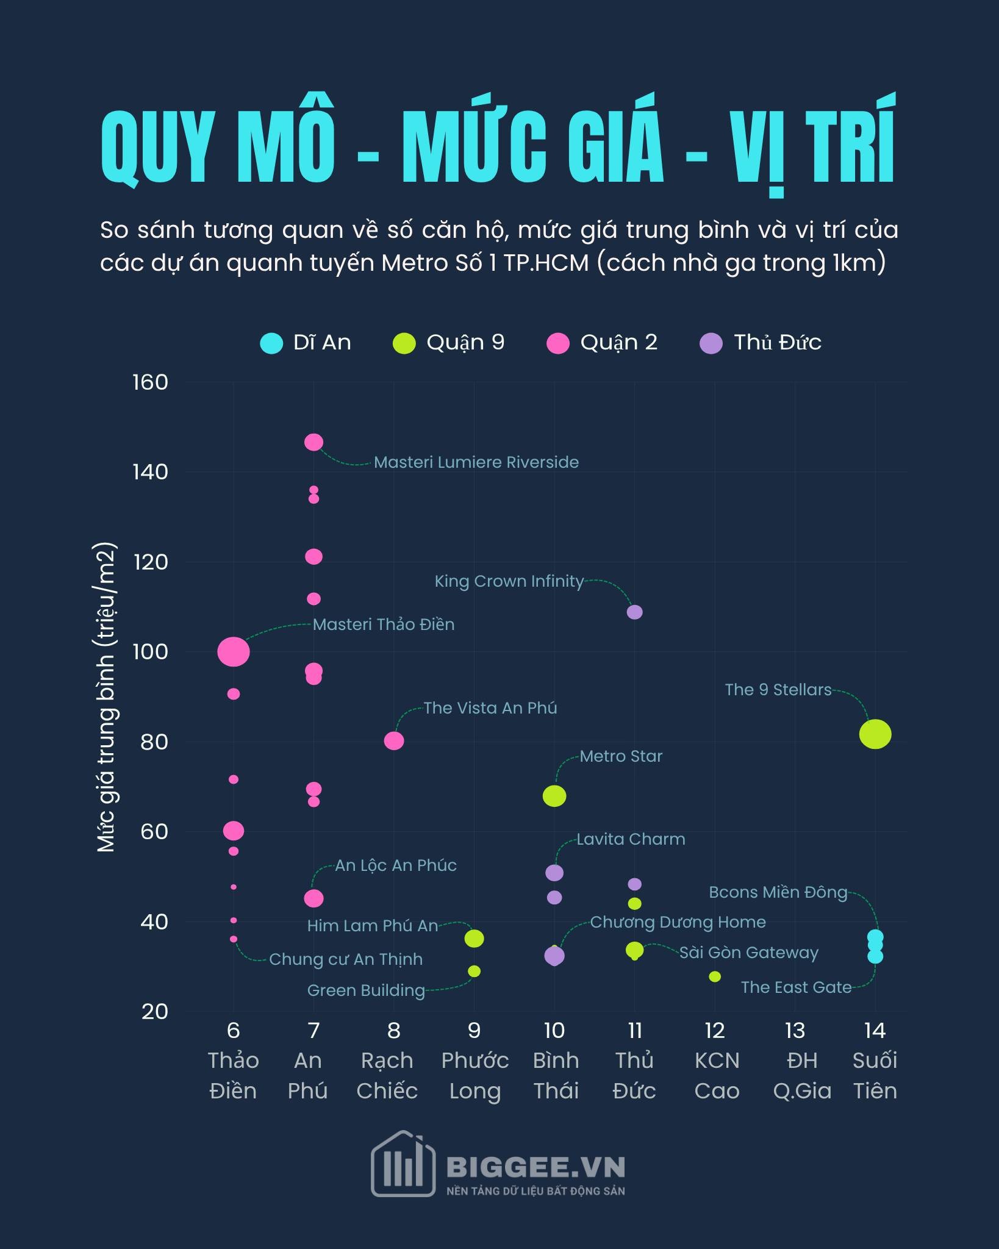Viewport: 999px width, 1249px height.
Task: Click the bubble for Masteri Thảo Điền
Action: point(234,652)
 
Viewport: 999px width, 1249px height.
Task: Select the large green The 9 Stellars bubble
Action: point(875,734)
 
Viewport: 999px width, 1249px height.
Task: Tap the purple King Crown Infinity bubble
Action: point(634,612)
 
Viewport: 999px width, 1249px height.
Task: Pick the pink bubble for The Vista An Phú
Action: point(394,740)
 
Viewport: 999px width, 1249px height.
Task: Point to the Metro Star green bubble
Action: point(554,796)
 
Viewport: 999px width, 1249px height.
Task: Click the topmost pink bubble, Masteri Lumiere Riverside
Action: point(313,442)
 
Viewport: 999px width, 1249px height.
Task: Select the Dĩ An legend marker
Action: point(271,343)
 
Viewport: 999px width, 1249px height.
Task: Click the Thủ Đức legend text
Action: point(777,343)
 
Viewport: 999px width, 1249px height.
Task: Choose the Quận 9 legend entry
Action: point(465,343)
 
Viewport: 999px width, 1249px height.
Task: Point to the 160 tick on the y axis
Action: point(150,382)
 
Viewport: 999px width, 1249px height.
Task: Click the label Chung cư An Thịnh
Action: point(346,959)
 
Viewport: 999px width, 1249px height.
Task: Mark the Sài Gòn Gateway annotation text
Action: point(748,953)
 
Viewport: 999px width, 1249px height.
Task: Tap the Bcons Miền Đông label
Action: point(778,892)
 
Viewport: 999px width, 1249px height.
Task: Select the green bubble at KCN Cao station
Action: point(715,976)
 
